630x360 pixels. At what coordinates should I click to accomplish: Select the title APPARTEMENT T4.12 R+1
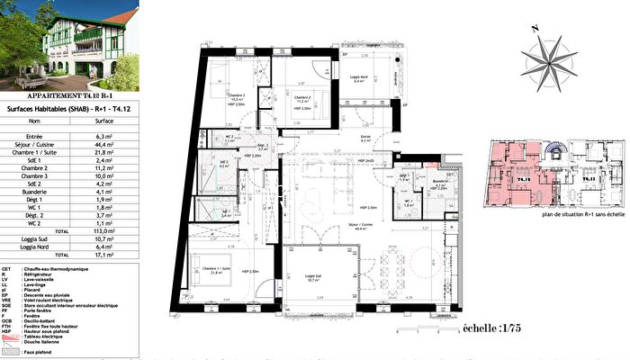[69, 94]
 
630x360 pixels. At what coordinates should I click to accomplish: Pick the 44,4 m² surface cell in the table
[103, 142]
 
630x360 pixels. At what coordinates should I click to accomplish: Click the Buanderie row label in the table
[35, 191]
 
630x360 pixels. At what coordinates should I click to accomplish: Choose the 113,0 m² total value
[103, 229]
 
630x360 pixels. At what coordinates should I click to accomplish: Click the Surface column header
[103, 119]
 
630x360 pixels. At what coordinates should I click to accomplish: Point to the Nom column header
[35, 119]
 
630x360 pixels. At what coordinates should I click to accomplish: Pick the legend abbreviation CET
[6, 268]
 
